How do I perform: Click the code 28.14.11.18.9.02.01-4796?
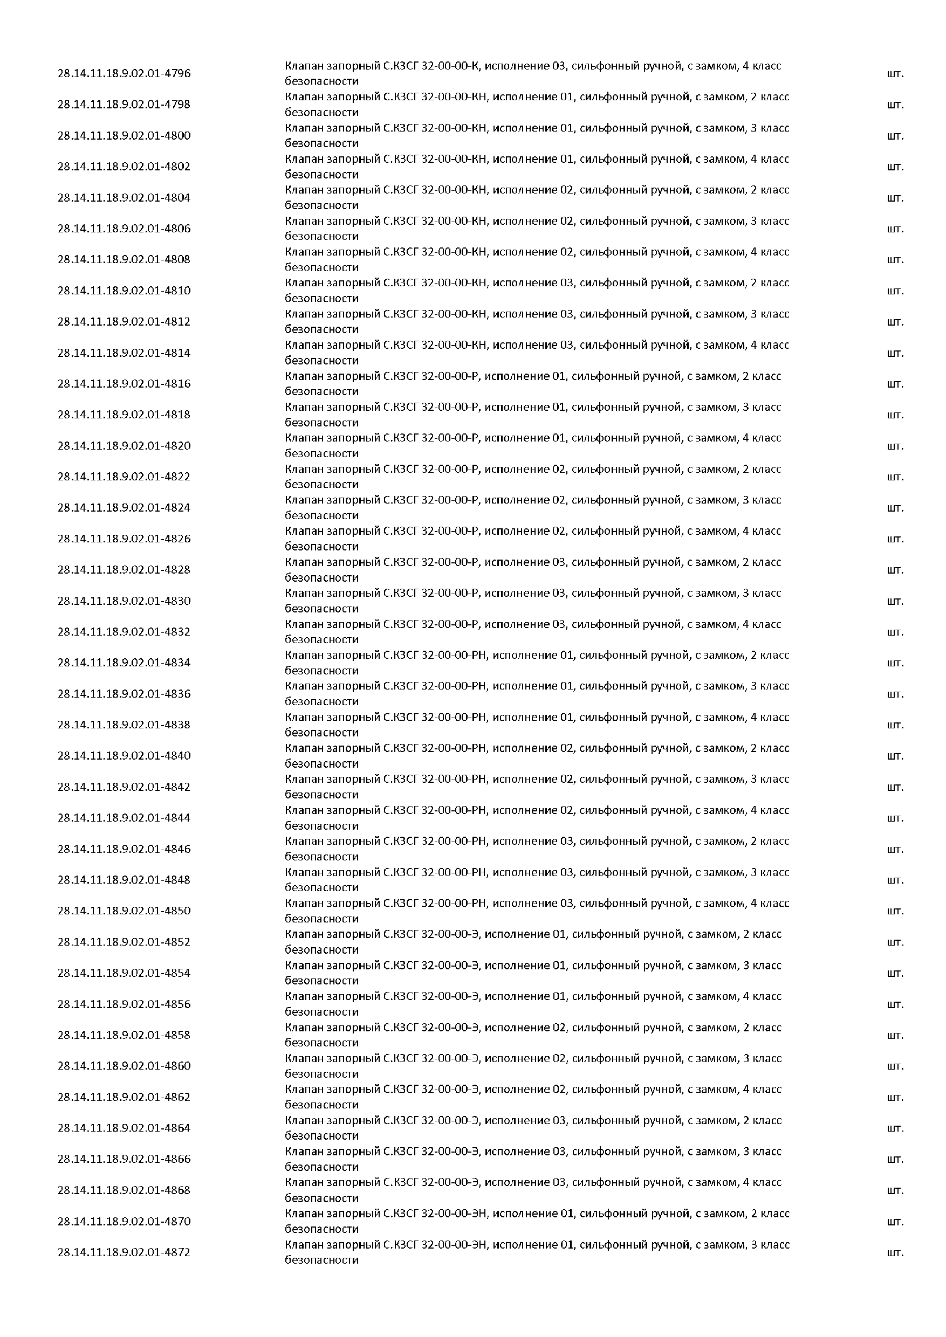tap(124, 73)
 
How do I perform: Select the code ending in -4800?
tap(124, 136)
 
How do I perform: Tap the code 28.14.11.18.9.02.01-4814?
tap(124, 353)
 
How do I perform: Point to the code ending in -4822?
tap(124, 477)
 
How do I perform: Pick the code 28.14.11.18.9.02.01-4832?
tap(124, 632)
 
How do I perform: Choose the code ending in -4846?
tap(124, 849)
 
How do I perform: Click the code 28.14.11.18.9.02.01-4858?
tap(124, 1035)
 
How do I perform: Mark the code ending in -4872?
tap(124, 1252)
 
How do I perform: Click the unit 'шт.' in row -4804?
tap(895, 198)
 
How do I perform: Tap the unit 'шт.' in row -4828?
tap(895, 570)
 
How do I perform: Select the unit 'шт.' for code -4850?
tap(895, 911)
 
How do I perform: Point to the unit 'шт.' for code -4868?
tap(895, 1190)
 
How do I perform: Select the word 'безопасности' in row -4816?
tap(321, 391)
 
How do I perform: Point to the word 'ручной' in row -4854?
tap(661, 965)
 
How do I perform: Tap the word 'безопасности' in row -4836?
tap(321, 702)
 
